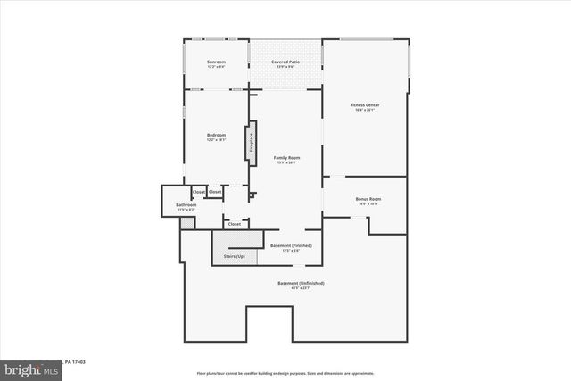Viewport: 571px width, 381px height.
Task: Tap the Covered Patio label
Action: point(285,62)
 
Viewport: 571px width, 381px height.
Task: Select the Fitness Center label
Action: point(365,104)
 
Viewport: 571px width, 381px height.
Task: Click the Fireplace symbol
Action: point(252,143)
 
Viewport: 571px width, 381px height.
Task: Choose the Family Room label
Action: point(286,157)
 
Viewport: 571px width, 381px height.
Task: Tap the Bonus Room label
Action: point(368,198)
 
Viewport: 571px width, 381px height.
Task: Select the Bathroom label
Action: point(186,205)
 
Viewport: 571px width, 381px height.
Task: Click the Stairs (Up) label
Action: point(235,256)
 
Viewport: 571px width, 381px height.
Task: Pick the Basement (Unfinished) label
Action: point(301,283)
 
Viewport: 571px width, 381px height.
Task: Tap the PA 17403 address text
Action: point(75,361)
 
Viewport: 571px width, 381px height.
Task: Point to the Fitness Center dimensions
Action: point(365,110)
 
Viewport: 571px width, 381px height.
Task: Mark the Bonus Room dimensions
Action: point(368,203)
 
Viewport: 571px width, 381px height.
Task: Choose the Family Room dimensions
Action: point(286,162)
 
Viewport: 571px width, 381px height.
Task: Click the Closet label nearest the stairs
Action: point(234,224)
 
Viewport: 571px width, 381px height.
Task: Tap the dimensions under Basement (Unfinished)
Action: point(301,288)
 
